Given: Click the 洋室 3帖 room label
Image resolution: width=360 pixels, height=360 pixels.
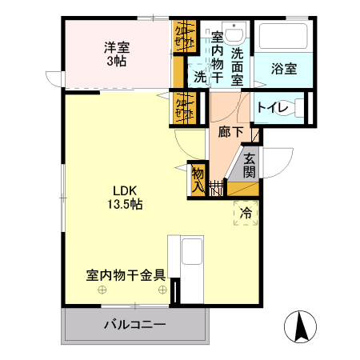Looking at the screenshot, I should [117, 53].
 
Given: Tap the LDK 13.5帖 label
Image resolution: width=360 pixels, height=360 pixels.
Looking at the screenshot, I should [126, 198].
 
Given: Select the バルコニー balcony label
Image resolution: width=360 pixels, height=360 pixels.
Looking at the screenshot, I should [135, 326].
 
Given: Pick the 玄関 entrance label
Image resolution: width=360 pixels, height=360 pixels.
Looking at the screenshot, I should [250, 165].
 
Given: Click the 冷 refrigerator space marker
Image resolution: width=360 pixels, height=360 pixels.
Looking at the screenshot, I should [246, 213].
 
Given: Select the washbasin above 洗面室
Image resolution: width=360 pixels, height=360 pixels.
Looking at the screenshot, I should [234, 33].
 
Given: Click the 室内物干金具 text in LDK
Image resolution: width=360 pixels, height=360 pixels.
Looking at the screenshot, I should [126, 274].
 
